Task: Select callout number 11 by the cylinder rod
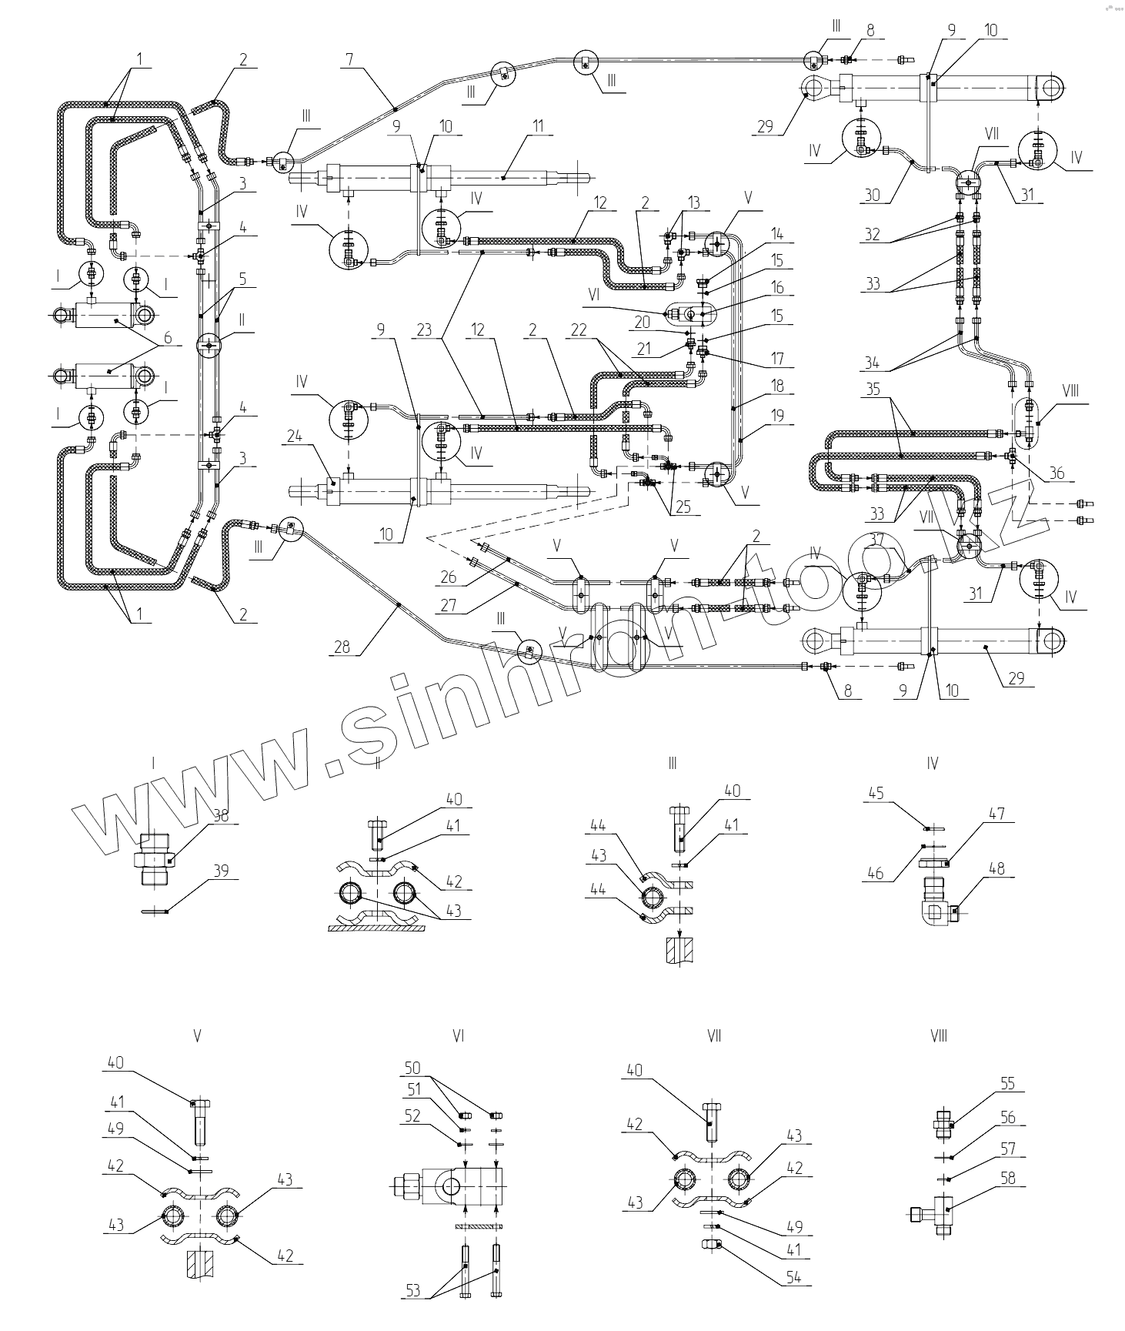coord(538,125)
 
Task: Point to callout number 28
coord(341,647)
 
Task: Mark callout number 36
coord(1057,473)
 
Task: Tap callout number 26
coord(449,577)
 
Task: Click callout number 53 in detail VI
coord(413,1290)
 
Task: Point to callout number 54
coord(793,1277)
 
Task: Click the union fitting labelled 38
coord(157,861)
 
